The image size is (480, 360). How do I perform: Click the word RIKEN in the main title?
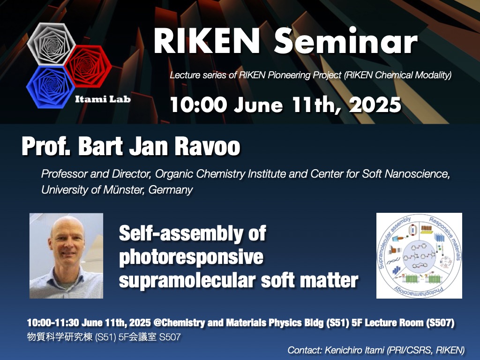pyautogui.click(x=207, y=41)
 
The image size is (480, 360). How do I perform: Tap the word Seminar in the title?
pyautogui.click(x=345, y=41)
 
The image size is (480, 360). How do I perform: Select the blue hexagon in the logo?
pyautogui.click(x=51, y=88)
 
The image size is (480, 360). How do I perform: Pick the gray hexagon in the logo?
pyautogui.click(x=51, y=44)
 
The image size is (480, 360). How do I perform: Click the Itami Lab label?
pyautogui.click(x=103, y=99)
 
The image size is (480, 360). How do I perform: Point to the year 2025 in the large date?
pyautogui.click(x=375, y=105)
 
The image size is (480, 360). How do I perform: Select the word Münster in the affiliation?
pyautogui.click(x=123, y=190)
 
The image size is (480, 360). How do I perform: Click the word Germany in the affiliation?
pyautogui.click(x=171, y=190)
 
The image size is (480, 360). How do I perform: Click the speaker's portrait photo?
pyautogui.click(x=66, y=255)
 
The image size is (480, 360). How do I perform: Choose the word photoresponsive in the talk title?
pyautogui.click(x=191, y=257)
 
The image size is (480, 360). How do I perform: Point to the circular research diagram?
pyautogui.click(x=419, y=255)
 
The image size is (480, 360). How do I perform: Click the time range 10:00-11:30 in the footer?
pyautogui.click(x=53, y=322)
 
